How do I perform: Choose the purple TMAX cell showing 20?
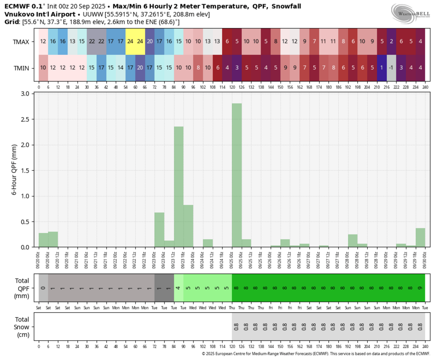(150, 41)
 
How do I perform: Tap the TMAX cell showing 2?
(391, 41)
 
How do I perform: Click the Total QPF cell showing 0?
(43, 288)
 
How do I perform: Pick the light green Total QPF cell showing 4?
(178, 288)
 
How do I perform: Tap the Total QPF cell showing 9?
(420, 288)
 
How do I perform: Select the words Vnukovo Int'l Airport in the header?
(37, 15)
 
